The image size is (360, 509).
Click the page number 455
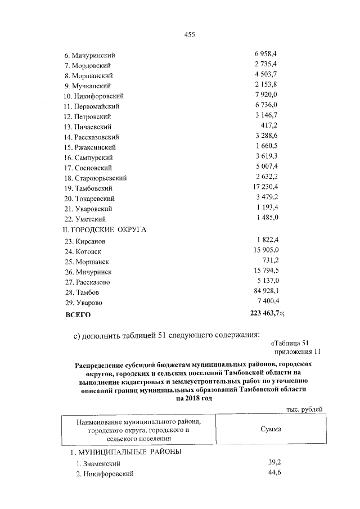click(x=190, y=34)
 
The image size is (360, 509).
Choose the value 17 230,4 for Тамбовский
click(x=264, y=187)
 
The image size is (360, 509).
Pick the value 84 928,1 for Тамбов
click(x=265, y=292)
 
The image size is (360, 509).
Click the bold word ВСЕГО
click(x=78, y=316)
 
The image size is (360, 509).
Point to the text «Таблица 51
click(x=290, y=343)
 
